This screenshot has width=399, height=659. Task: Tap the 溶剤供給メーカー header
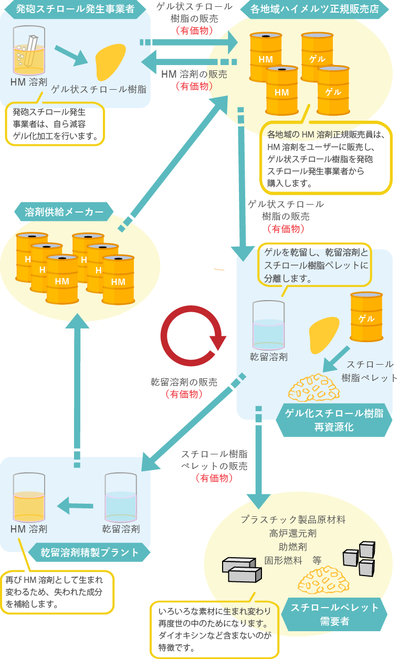tap(65, 212)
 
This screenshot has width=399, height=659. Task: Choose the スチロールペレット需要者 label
tap(334, 614)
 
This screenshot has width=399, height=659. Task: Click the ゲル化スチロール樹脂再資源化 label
tap(334, 420)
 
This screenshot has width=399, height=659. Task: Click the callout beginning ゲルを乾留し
tap(314, 264)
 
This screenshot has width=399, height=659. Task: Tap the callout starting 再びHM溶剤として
tap(57, 592)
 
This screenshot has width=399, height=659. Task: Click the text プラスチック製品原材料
tap(293, 519)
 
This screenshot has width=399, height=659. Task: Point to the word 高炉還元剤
tap(292, 533)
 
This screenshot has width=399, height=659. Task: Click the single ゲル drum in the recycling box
tap(366, 317)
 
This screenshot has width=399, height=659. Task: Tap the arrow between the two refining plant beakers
tap(75, 506)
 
